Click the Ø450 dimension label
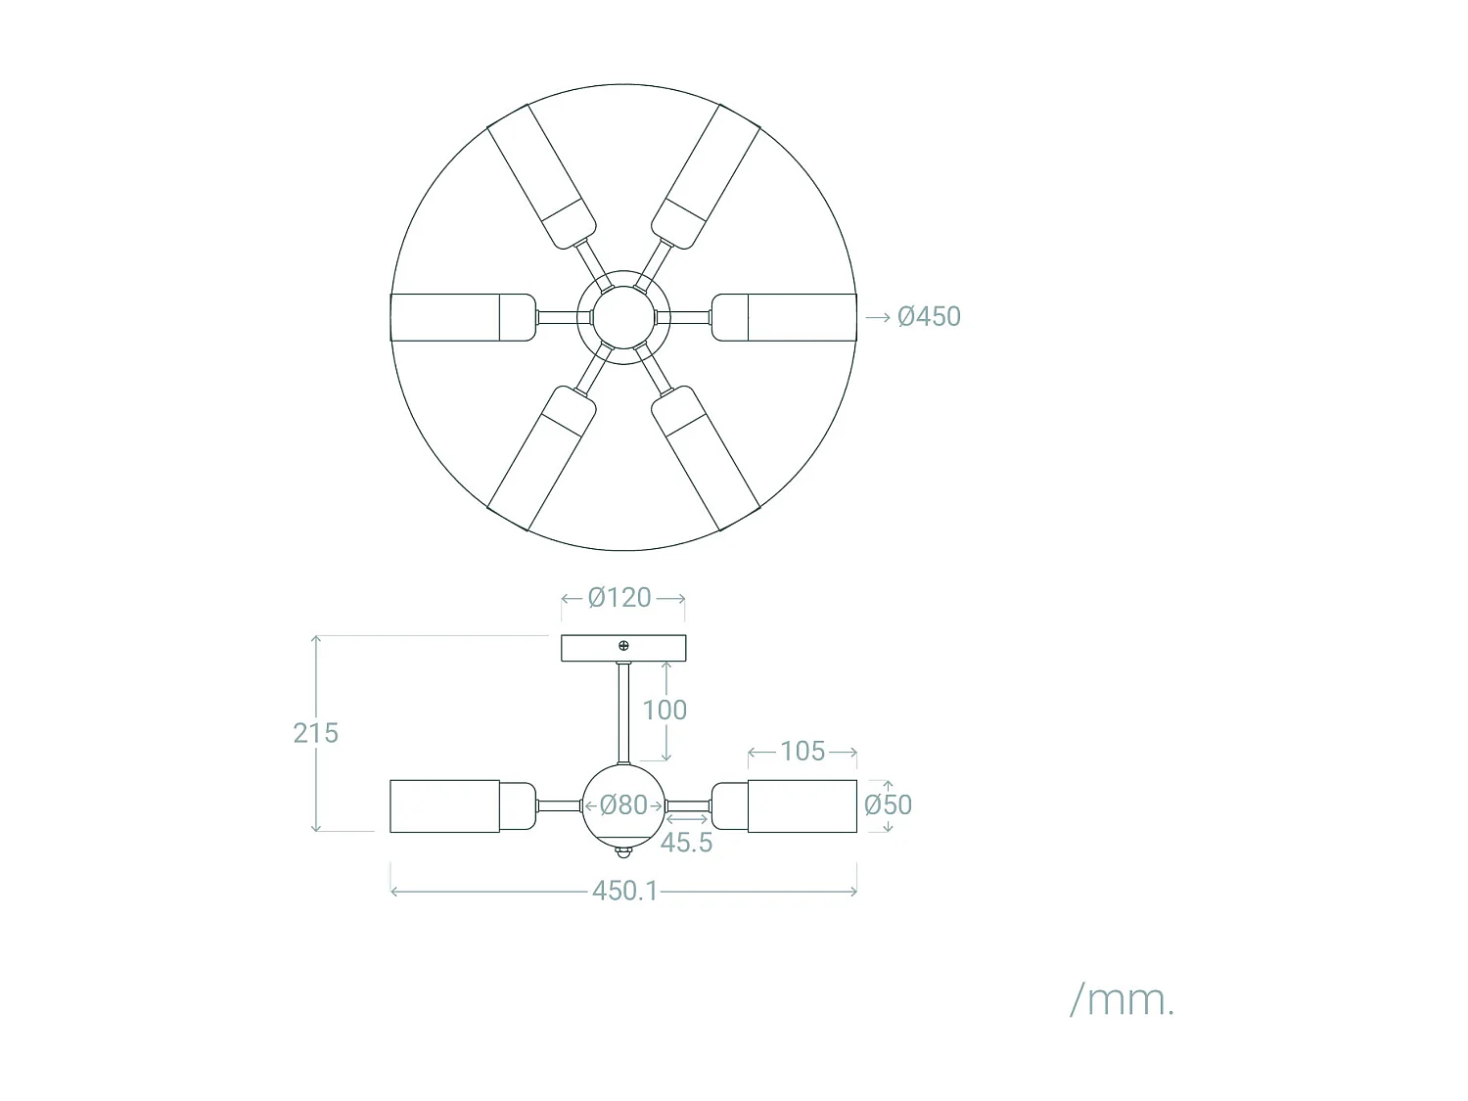(x=929, y=316)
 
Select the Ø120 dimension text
(x=619, y=597)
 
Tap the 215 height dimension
(x=315, y=733)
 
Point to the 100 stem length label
(x=665, y=710)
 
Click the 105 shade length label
(x=803, y=751)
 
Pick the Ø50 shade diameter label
(x=888, y=805)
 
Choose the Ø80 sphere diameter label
(x=623, y=805)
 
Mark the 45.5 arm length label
(x=686, y=842)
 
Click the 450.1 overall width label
(x=624, y=891)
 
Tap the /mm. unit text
(x=1122, y=1000)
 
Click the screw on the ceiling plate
(x=623, y=646)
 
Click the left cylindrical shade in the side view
(x=445, y=806)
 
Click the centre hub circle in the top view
(x=623, y=316)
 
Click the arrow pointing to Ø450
(x=878, y=317)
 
